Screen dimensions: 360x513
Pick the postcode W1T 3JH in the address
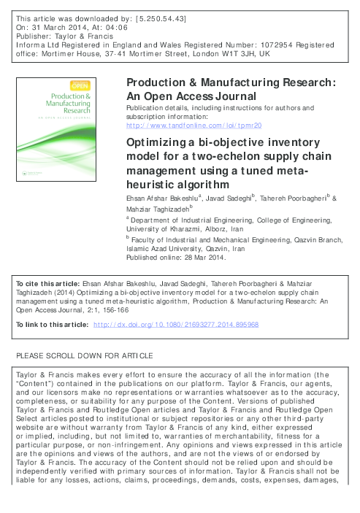point(237,53)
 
